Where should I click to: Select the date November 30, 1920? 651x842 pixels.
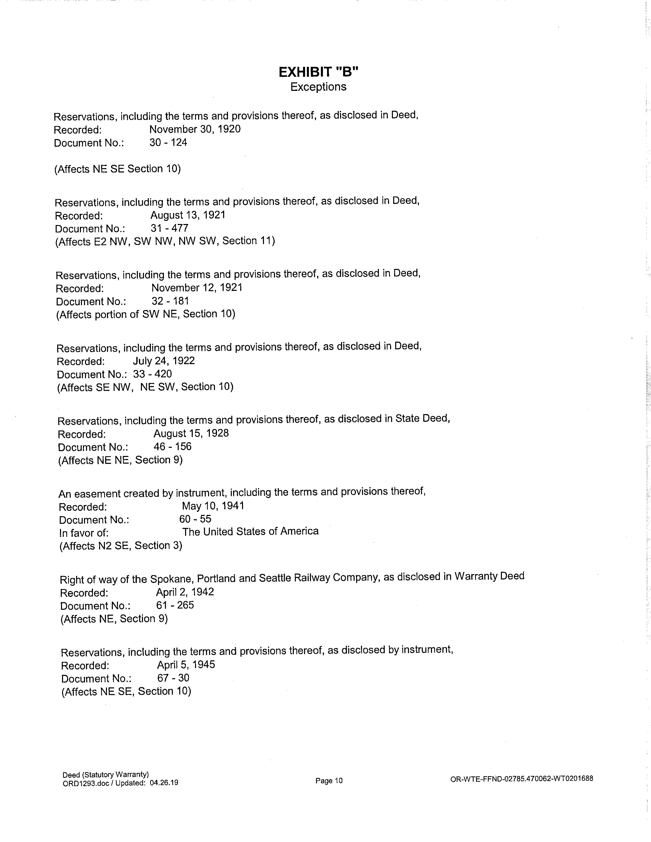[195, 129]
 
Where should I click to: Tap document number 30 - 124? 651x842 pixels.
[168, 143]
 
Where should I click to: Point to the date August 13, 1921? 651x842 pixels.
[188, 215]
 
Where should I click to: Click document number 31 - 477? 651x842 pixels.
[169, 228]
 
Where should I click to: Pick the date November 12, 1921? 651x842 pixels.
[197, 288]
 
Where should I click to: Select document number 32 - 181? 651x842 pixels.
[170, 301]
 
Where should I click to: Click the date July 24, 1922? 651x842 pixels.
[164, 361]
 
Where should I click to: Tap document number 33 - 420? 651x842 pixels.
[152, 374]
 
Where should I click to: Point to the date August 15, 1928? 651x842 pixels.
[191, 433]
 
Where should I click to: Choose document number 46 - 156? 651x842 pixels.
[172, 447]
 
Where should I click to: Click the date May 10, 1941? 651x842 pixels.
[213, 506]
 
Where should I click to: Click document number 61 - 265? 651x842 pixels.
[175, 605]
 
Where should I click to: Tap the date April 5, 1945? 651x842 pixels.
[186, 665]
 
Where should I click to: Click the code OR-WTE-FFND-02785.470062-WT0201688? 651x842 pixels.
[521, 779]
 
